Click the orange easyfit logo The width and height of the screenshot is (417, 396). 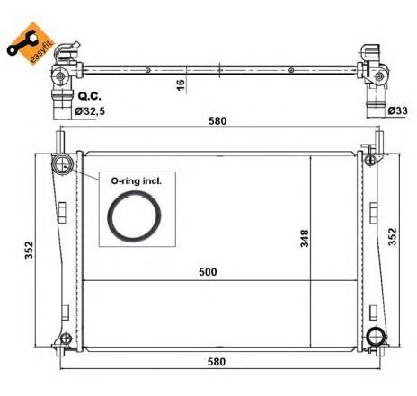click(31, 43)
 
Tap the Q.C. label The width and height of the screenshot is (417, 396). click(89, 96)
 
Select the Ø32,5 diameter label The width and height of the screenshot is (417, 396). click(90, 111)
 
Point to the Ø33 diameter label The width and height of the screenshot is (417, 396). click(397, 110)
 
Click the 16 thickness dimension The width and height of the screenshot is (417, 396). click(181, 84)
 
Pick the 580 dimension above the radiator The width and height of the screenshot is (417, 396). click(217, 121)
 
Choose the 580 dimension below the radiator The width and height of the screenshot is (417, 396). click(217, 362)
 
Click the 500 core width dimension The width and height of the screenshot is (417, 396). click(208, 272)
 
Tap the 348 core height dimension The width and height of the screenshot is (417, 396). click(305, 238)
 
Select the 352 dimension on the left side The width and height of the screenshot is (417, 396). click(29, 250)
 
